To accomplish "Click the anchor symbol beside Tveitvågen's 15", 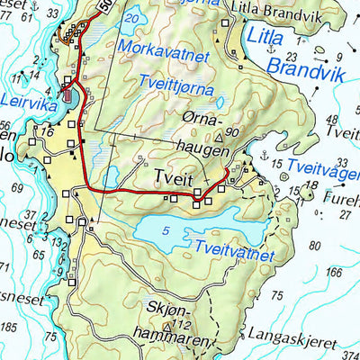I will coord(264,156).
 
